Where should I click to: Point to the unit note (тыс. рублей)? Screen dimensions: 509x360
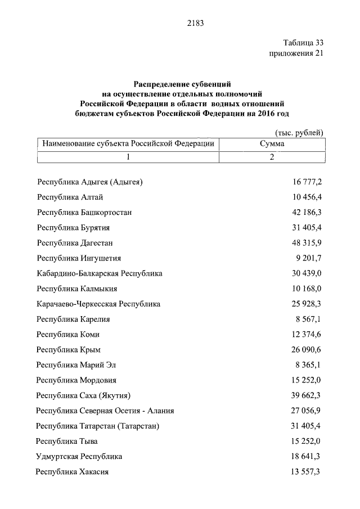point(299,133)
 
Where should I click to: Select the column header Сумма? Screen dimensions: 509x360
point(272,144)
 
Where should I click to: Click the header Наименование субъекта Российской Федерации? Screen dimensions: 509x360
point(128,144)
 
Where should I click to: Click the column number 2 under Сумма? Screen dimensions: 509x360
point(272,157)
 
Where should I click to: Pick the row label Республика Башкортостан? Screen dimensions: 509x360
point(84,213)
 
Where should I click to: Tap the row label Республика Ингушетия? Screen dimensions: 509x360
point(78,258)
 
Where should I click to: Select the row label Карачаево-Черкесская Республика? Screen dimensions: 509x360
point(98,304)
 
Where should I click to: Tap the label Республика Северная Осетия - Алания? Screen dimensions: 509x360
point(105,411)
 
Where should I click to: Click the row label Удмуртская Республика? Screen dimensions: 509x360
point(79,456)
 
